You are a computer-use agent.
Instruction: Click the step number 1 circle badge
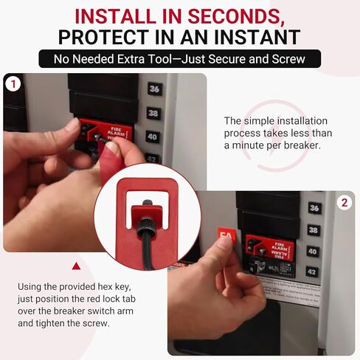point(13,83)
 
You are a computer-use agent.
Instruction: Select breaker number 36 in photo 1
point(153,89)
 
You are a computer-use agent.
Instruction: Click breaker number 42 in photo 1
point(153,158)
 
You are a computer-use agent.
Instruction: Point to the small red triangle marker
point(75,266)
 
